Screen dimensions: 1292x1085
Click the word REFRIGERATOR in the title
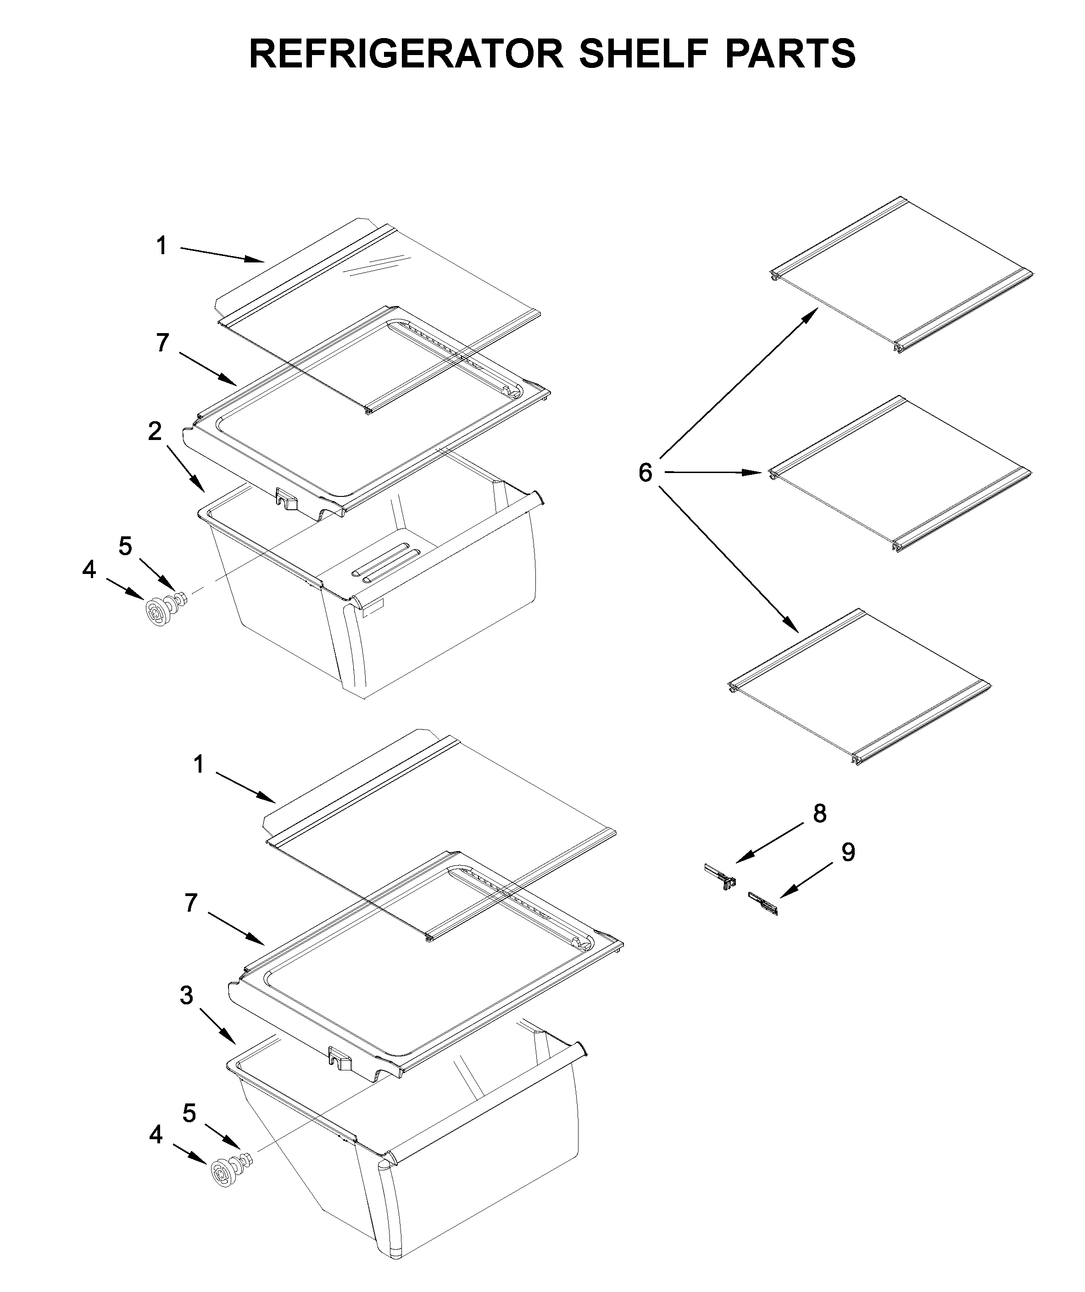click(x=406, y=54)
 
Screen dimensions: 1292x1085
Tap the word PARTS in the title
click(x=790, y=54)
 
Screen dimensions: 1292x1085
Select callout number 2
click(x=155, y=431)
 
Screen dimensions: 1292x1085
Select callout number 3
click(x=186, y=995)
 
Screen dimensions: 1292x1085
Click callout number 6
click(x=645, y=473)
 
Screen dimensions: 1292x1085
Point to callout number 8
click(x=819, y=813)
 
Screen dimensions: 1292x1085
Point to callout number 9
click(x=847, y=852)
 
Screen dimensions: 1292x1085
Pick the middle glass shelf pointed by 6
click(x=901, y=474)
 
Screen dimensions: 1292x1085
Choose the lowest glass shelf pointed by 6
click(x=858, y=687)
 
